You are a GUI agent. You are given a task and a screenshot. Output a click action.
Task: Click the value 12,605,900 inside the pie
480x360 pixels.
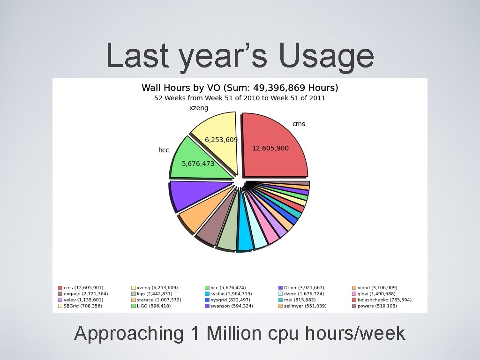(x=270, y=148)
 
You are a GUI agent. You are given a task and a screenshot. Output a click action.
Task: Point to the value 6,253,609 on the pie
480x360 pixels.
(x=221, y=140)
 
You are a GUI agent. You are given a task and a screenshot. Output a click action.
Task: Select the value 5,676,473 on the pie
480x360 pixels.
(x=198, y=164)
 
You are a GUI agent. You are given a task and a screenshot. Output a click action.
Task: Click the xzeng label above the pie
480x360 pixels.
(x=199, y=108)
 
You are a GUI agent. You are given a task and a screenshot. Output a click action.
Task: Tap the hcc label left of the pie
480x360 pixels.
(x=164, y=150)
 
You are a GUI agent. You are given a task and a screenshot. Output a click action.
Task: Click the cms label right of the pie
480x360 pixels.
(x=299, y=124)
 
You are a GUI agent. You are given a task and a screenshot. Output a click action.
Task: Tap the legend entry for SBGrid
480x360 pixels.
(x=82, y=306)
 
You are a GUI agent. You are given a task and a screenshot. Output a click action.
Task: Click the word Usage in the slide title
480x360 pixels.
(x=326, y=56)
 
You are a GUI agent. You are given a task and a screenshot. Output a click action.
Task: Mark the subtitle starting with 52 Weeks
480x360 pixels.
(x=240, y=98)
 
